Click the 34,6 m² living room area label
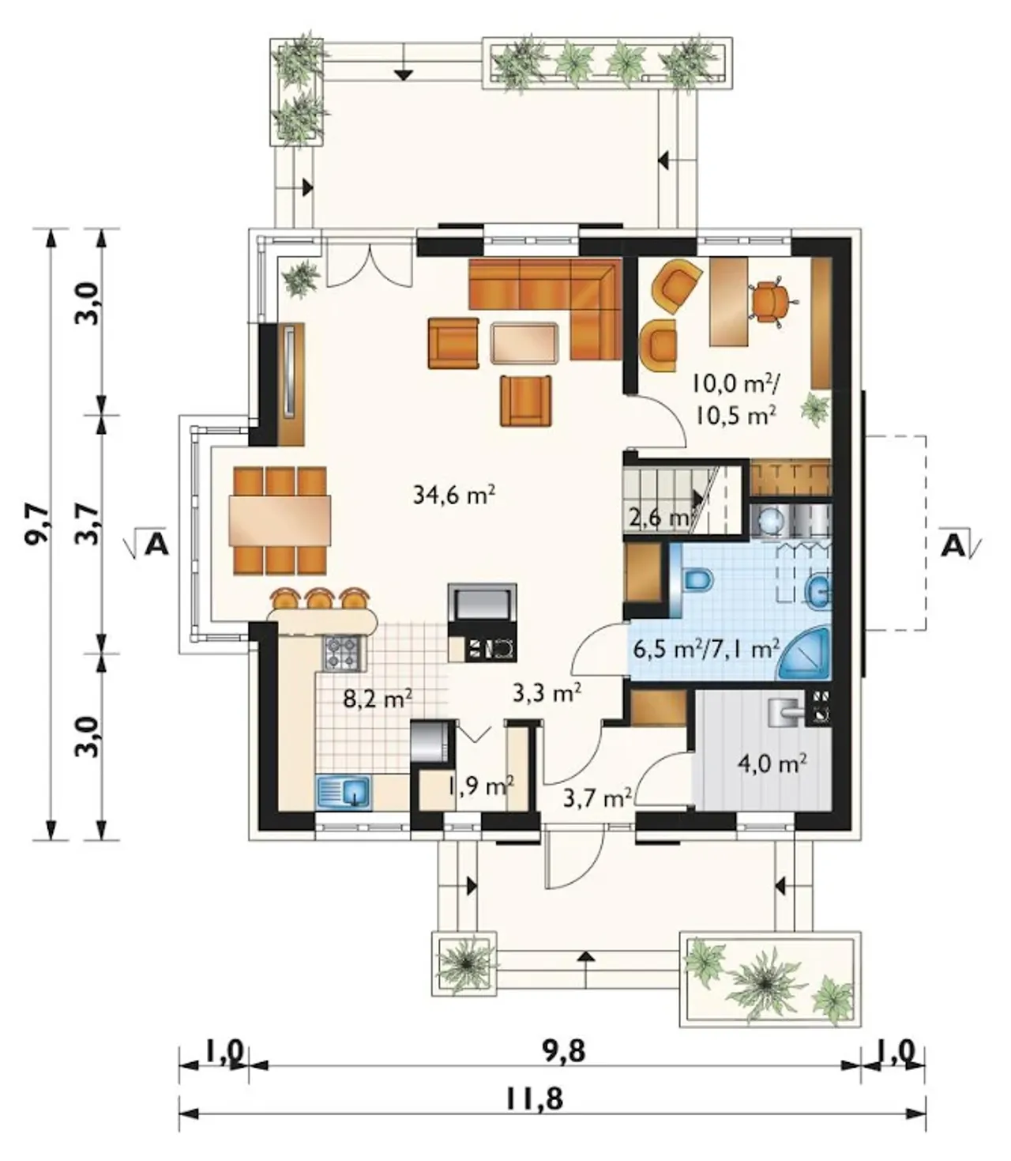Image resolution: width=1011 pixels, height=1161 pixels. coord(454,495)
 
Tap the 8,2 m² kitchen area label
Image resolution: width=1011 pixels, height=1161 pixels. coord(378,699)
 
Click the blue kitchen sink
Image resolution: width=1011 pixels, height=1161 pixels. coord(343,791)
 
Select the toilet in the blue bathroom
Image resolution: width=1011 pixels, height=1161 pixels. coord(697,580)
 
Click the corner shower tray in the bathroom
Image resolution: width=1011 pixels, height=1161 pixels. coord(806,653)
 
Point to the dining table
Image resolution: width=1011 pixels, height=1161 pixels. coord(280,520)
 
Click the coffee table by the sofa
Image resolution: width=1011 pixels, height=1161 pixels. coord(524,343)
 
